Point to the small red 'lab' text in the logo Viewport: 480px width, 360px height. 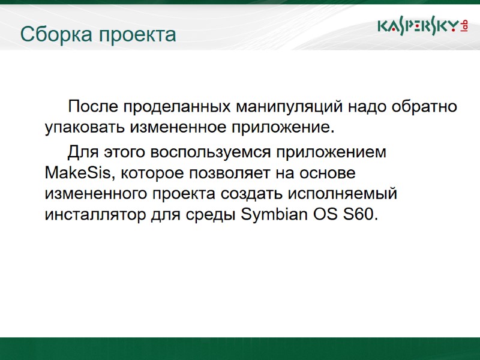[x=464, y=26]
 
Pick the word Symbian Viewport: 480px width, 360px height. [x=271, y=215]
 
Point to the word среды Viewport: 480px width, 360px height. [x=215, y=215]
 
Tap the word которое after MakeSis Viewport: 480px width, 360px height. [x=152, y=173]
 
